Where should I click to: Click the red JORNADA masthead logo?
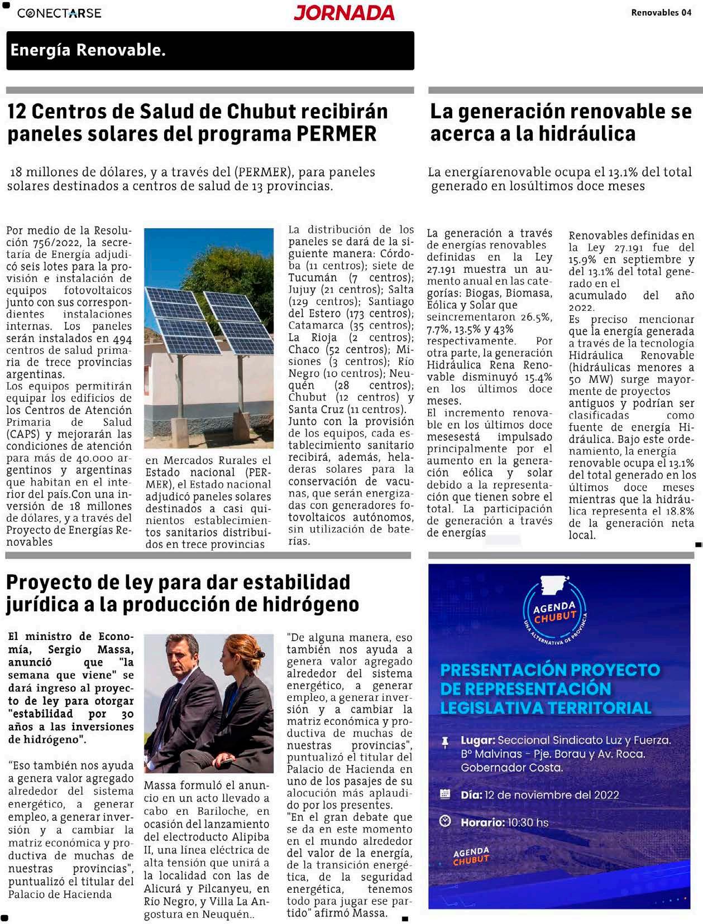click(x=344, y=12)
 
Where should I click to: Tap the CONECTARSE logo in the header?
click(x=59, y=13)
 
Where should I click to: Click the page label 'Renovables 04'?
click(x=661, y=12)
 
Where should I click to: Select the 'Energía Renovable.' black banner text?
click(x=88, y=50)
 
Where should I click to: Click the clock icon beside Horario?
click(x=445, y=821)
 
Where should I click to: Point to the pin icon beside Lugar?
click(x=445, y=742)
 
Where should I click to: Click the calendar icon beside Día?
click(x=445, y=793)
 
